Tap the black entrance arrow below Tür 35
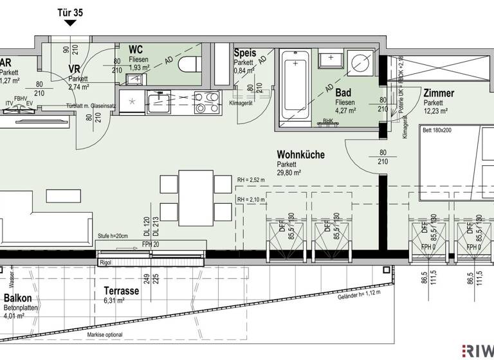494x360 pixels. tap(69, 24)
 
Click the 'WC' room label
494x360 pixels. tap(136, 50)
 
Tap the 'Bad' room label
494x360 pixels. tap(343, 93)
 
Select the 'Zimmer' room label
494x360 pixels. tap(439, 93)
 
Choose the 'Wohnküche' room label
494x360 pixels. tap(300, 154)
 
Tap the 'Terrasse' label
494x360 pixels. tap(121, 291)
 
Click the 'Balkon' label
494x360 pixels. tap(19, 299)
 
